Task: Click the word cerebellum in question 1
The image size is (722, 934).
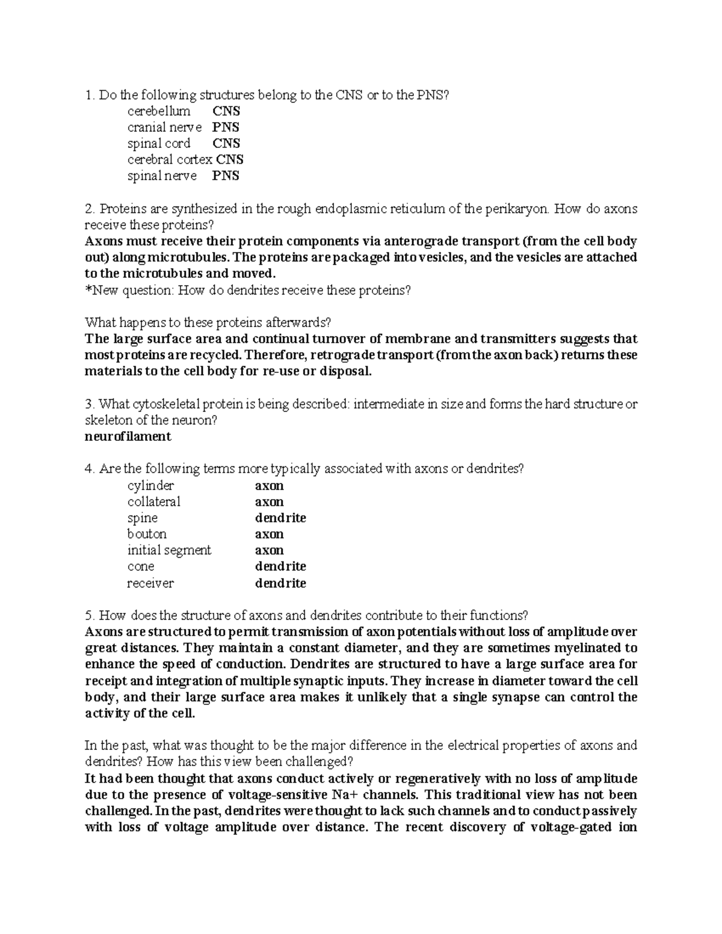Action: tap(159, 111)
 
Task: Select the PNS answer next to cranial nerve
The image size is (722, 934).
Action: tap(226, 128)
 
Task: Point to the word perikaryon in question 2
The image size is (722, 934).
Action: tap(515, 209)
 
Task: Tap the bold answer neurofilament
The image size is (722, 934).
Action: tap(128, 437)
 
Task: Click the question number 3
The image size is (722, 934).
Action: tap(89, 404)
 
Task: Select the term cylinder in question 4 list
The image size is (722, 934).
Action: tap(150, 486)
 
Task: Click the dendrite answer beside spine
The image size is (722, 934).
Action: tap(280, 518)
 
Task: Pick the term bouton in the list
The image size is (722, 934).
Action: tap(147, 535)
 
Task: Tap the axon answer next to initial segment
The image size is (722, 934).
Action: tap(269, 551)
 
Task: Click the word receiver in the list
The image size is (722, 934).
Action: tap(150, 583)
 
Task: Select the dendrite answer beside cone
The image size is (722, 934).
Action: tap(280, 567)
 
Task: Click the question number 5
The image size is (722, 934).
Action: tap(89, 616)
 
